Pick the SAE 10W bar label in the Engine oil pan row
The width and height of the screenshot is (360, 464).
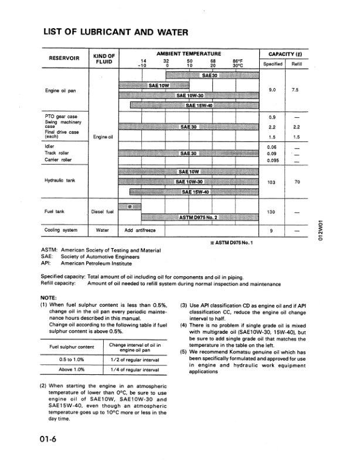tap(159, 85)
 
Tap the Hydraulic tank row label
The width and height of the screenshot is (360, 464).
tap(60, 181)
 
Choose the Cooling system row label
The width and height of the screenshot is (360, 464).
tap(62, 231)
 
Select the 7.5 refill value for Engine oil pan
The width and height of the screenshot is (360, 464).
tap(296, 90)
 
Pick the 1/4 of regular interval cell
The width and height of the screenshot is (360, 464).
tap(135, 370)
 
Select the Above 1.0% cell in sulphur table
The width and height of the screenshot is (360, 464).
tap(72, 370)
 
